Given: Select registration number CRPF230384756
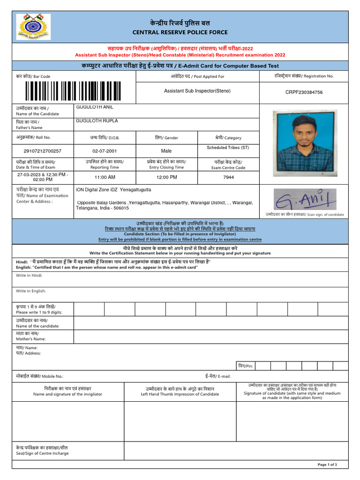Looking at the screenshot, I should point(304,92).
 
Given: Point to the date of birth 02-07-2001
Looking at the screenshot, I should point(105,151).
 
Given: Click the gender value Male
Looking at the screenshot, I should point(166,151).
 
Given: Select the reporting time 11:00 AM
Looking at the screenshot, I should point(105,177).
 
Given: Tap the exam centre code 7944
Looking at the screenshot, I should point(228,177).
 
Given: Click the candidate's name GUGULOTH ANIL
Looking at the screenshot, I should point(94,107).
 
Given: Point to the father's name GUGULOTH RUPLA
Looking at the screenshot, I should point(97,121).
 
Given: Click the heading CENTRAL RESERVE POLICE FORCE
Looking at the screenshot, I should point(180,32).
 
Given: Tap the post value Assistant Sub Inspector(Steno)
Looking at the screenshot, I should point(197,90).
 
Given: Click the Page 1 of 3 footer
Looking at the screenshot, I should point(327,465).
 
